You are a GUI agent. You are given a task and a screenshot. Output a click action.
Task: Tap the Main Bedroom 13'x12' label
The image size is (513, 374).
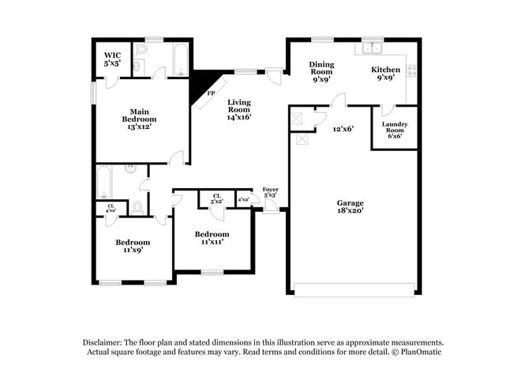tap(129, 119)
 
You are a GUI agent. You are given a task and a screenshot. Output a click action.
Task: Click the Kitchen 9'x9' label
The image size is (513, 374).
tap(386, 74)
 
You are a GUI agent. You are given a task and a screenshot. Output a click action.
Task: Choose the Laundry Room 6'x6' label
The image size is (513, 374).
tap(394, 130)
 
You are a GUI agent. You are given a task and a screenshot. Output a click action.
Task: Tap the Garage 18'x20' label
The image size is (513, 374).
tap(350, 207)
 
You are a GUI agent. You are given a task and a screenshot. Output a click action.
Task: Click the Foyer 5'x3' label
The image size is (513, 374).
tap(270, 191)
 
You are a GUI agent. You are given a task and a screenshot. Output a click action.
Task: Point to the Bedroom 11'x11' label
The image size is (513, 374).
tap(212, 238)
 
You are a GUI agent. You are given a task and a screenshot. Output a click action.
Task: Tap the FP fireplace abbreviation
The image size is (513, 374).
tap(211, 94)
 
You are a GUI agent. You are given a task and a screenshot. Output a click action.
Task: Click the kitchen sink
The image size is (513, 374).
tap(372, 49)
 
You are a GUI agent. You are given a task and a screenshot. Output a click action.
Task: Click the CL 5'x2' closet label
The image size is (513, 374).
tap(215, 198)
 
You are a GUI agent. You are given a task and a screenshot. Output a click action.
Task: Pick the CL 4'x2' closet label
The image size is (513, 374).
tap(111, 208)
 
